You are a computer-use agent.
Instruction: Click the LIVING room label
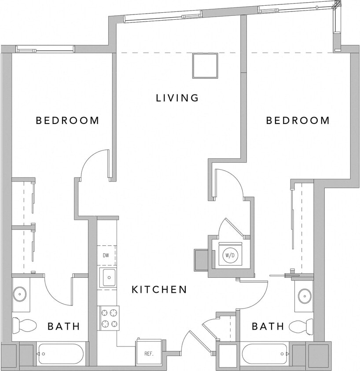177,98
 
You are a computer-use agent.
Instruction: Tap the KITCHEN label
160,290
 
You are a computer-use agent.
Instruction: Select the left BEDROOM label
67,120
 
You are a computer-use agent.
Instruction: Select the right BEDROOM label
298,120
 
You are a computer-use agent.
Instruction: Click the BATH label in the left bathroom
64,326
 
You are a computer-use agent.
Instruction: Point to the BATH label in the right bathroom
268,326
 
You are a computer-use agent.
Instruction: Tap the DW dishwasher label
106,255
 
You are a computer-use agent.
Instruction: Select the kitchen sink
108,277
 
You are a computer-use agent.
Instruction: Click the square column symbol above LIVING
205,65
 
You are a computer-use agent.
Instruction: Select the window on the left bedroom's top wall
45,49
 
